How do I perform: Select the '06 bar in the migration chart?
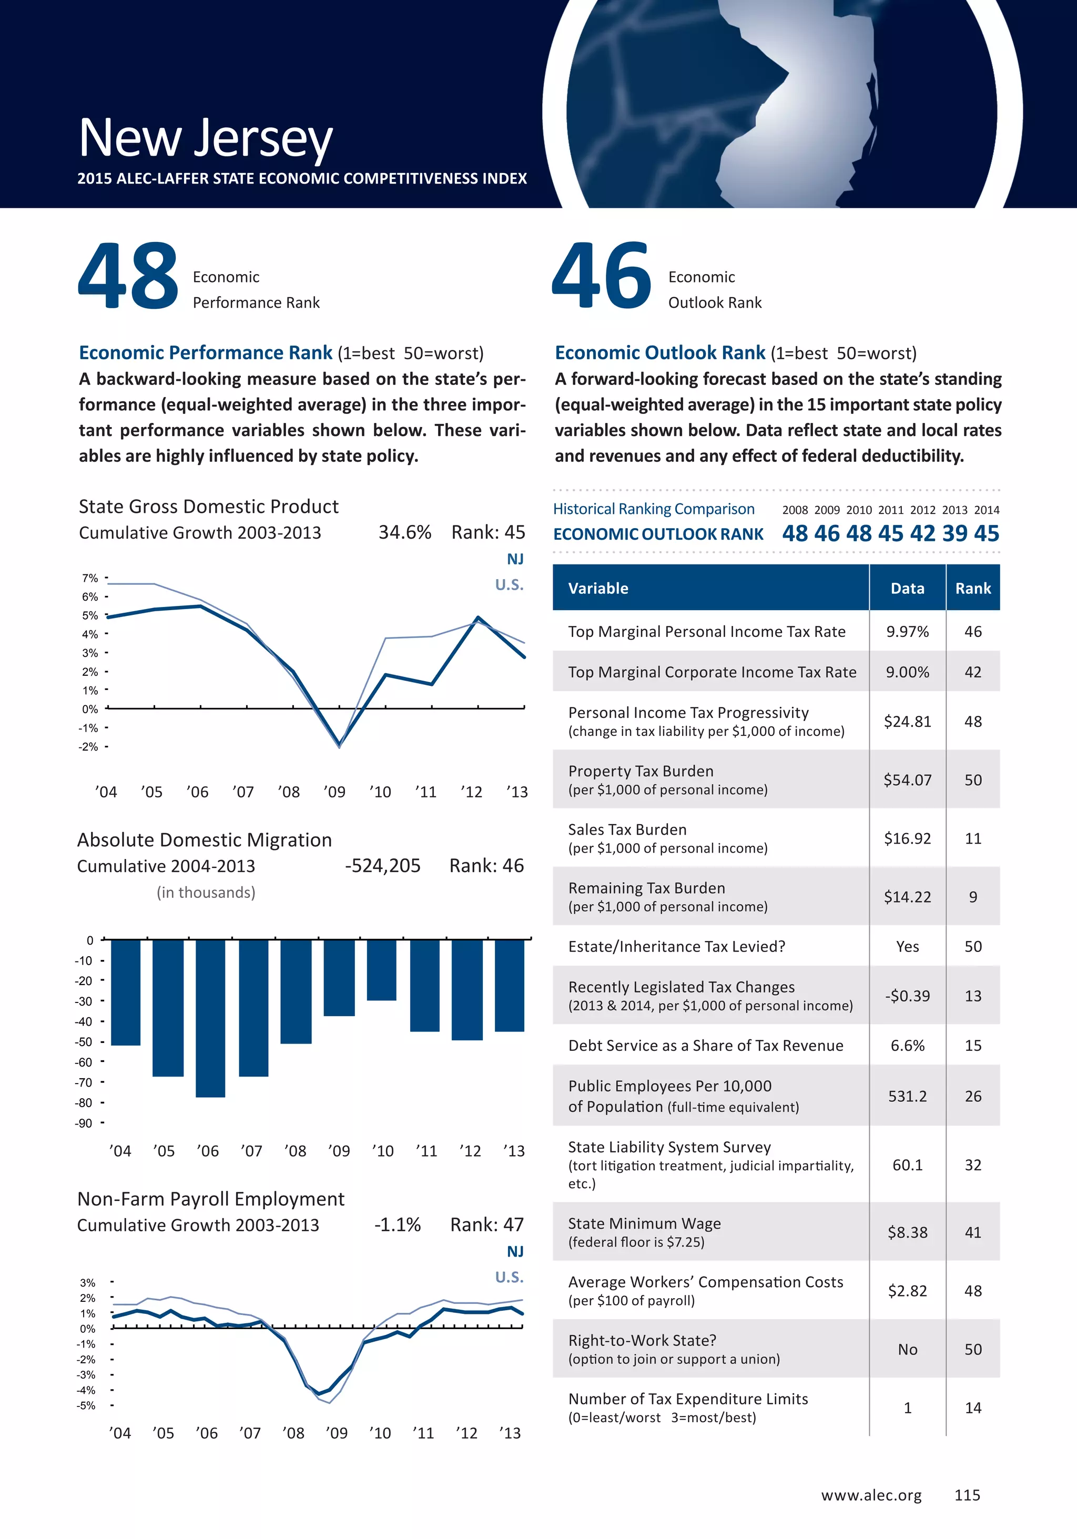(210, 1018)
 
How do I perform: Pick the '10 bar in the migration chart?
(381, 969)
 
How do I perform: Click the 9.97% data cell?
(908, 631)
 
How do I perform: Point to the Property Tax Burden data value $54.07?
(908, 780)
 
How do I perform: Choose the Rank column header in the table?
(972, 589)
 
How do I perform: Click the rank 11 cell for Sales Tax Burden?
(972, 838)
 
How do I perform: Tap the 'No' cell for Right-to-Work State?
(908, 1349)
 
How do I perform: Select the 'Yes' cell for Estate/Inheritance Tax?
(908, 946)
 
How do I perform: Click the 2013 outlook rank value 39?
(954, 533)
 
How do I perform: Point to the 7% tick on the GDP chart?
(90, 578)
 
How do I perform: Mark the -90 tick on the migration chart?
(84, 1123)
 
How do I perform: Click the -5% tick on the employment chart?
(86, 1405)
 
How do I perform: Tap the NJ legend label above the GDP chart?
(515, 559)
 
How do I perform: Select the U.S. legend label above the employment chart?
(510, 1277)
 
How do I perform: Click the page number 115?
(967, 1495)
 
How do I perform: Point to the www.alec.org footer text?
(871, 1495)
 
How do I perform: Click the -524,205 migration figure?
(383, 866)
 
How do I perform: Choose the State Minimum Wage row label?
(644, 1224)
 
